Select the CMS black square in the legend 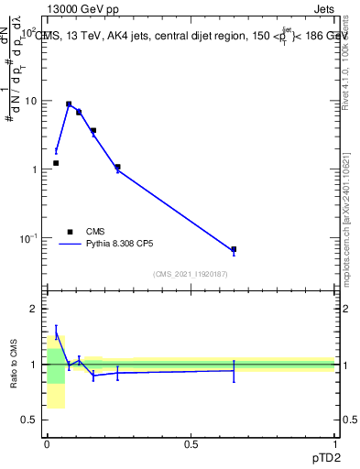point(70,232)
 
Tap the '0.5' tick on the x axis point(191,444)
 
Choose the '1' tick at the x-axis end point(334,444)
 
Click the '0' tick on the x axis point(47,444)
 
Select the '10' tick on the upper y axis point(32,101)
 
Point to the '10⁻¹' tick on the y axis point(30,238)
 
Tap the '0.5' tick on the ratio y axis point(32,420)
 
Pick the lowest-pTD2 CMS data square point(56,163)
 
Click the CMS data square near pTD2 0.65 point(234,249)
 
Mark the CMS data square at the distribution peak point(69,104)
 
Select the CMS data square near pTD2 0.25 point(118,167)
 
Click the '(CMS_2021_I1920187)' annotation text point(191,275)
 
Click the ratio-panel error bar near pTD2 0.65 point(234,370)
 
